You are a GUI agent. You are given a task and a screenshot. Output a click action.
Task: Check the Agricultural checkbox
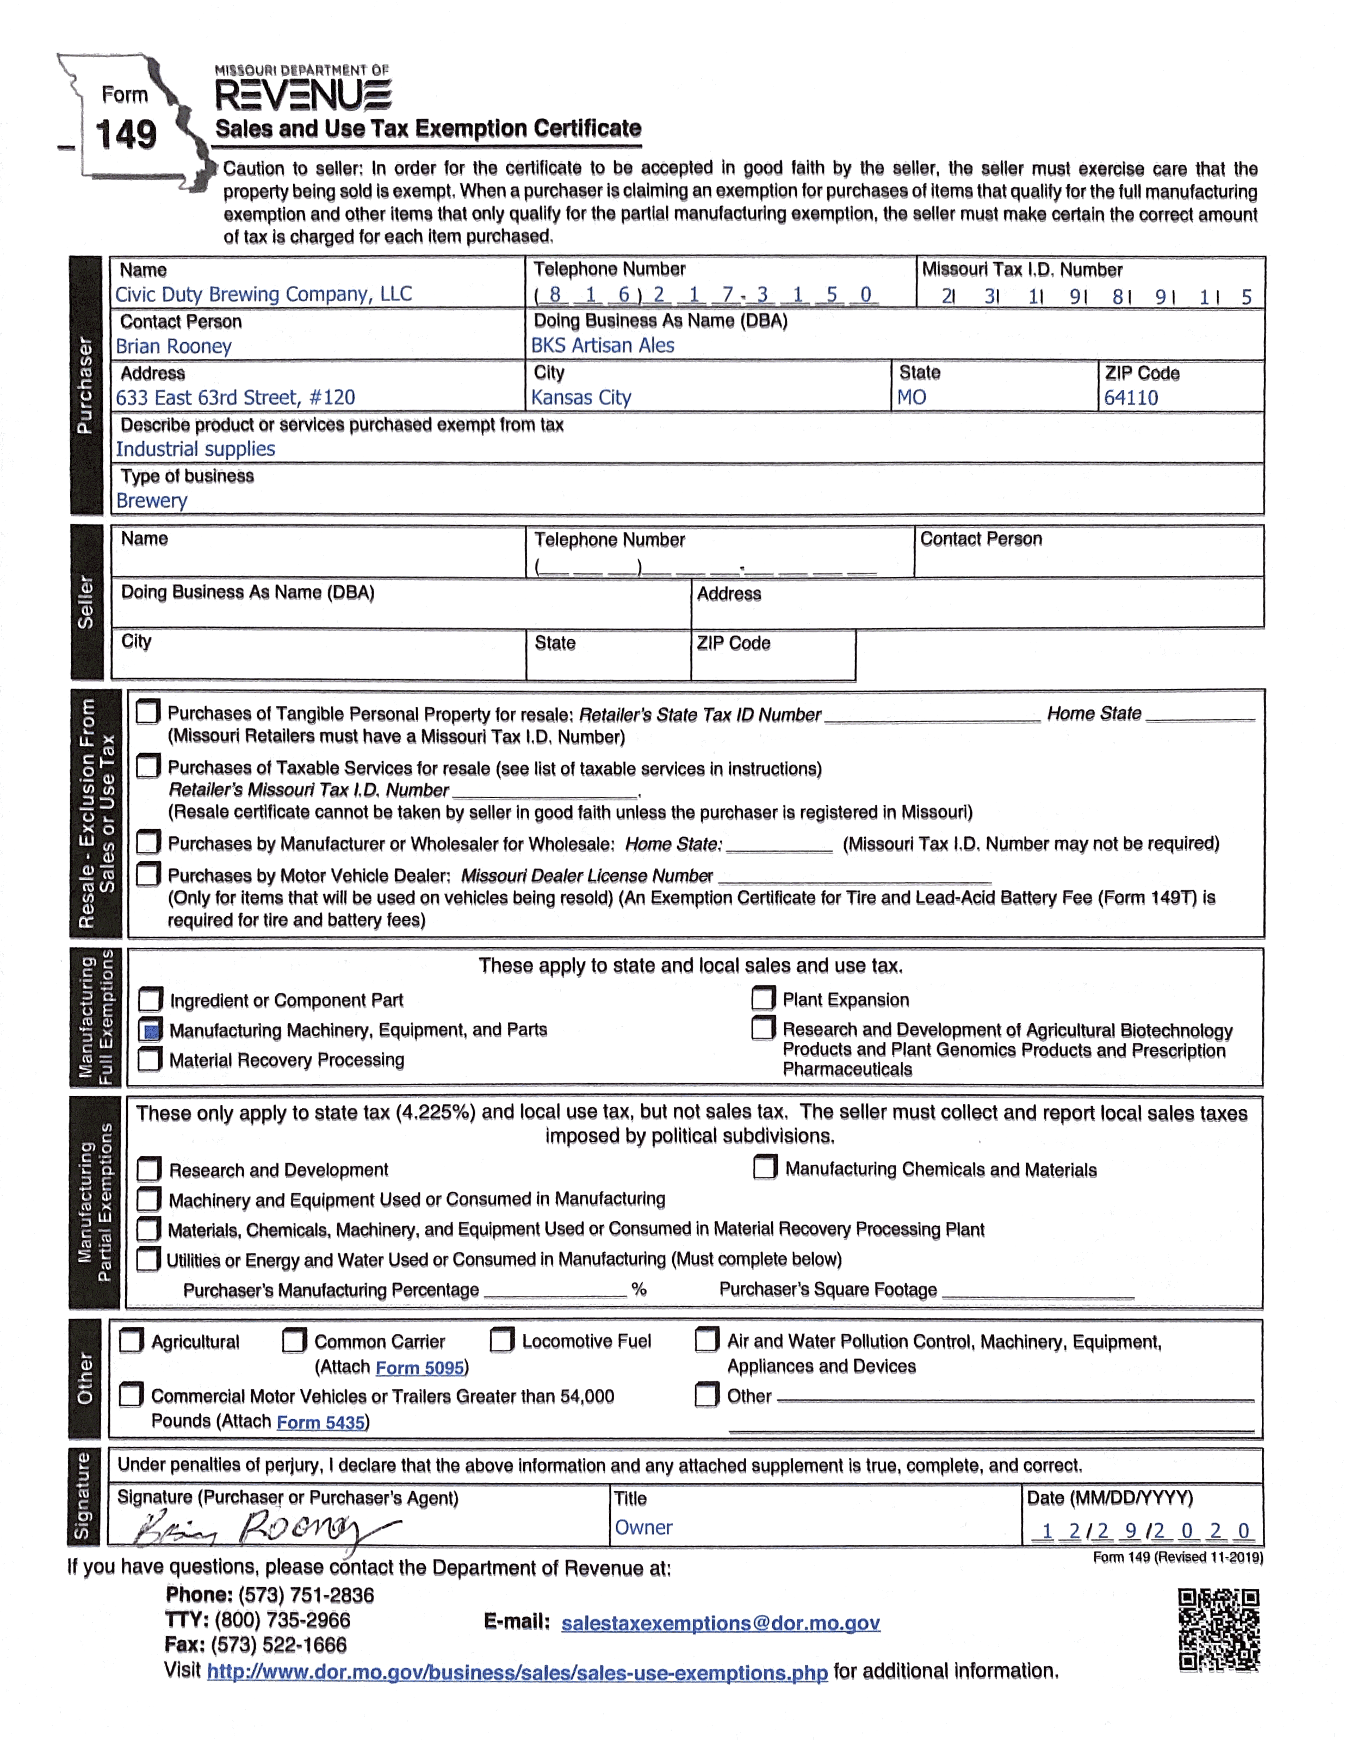click(x=131, y=1341)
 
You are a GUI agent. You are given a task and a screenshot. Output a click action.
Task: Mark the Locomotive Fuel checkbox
click(x=501, y=1340)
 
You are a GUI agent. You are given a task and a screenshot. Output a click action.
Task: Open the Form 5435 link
click(x=320, y=1422)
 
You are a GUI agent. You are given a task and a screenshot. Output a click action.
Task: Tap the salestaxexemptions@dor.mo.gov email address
click(x=720, y=1623)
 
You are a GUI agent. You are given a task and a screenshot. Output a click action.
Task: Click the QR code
click(x=1218, y=1629)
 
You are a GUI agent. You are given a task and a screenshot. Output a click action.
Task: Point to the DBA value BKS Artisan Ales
click(x=603, y=345)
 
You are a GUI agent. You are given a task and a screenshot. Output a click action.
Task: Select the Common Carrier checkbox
click(x=294, y=1340)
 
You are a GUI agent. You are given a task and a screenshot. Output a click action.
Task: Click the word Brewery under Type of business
click(x=151, y=500)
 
